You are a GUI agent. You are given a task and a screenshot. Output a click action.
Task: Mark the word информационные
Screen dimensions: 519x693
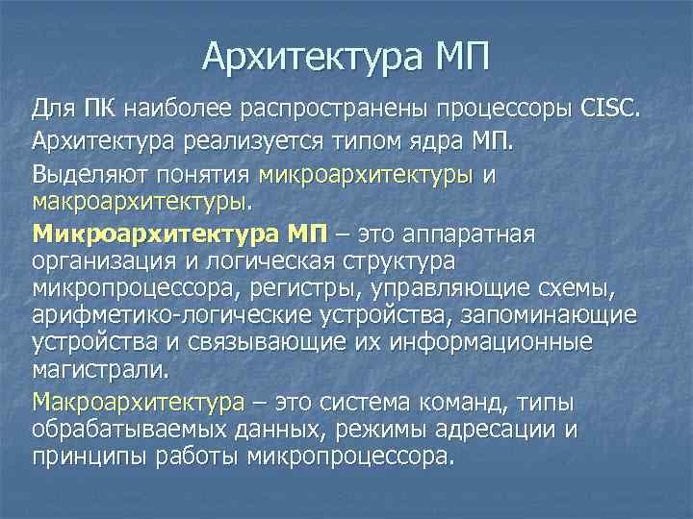514,341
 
